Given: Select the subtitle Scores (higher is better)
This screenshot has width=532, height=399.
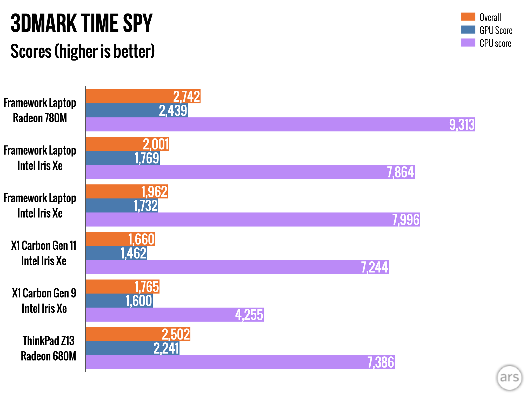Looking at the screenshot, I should [x=83, y=51].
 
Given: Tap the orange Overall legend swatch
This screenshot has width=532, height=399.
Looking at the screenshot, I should [x=468, y=17].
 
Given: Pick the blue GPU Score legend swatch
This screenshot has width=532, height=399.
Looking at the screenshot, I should [x=468, y=30].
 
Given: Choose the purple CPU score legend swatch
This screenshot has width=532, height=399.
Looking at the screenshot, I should [x=468, y=43].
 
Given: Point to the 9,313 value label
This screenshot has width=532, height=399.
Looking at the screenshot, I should [x=462, y=125].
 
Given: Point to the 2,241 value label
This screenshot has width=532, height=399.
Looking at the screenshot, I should [x=166, y=348].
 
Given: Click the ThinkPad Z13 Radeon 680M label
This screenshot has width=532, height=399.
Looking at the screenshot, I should [x=48, y=348].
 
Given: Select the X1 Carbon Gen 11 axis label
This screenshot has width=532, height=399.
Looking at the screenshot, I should [x=44, y=253].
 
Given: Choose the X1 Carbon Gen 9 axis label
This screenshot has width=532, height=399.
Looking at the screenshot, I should [x=44, y=301].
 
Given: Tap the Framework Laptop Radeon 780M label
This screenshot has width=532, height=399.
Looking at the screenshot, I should [x=40, y=110].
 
